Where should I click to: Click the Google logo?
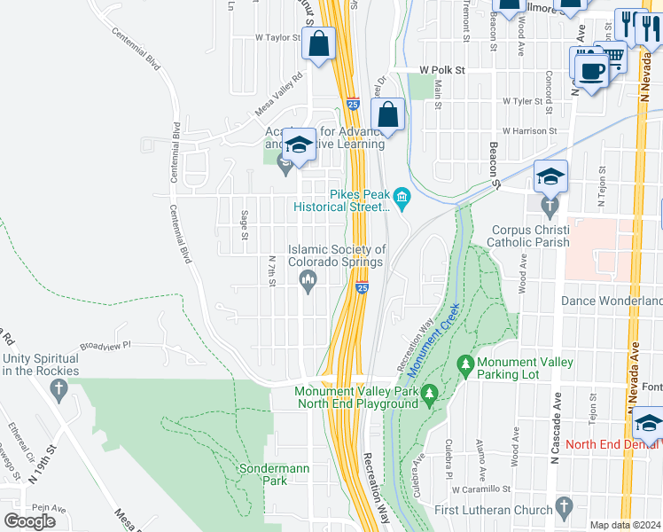(29, 521)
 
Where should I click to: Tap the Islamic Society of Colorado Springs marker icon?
(308, 283)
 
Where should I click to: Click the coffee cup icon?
(591, 70)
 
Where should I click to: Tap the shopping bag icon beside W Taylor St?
(318, 43)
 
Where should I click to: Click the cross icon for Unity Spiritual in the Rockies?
(58, 388)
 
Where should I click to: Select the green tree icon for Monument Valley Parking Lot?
(464, 364)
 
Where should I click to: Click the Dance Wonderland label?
(612, 301)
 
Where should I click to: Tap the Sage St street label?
(244, 225)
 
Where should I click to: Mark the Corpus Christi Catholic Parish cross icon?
(550, 207)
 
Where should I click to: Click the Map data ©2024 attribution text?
(626, 525)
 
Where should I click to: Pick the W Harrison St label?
(528, 130)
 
